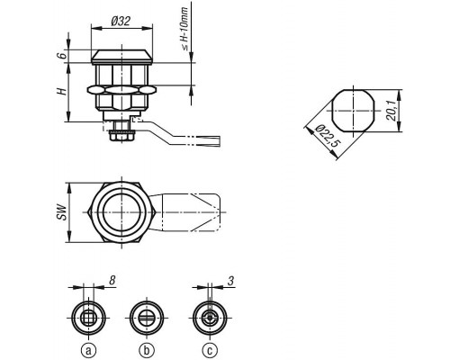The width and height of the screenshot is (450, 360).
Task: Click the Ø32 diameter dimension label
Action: pyautogui.click(x=121, y=21)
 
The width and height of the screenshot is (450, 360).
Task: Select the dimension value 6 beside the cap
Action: pyautogui.click(x=61, y=56)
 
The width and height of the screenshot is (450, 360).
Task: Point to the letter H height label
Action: pyautogui.click(x=61, y=91)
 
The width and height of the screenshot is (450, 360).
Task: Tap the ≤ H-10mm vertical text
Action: pyautogui.click(x=184, y=29)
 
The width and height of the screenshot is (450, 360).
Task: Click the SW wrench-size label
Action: pyautogui.click(x=61, y=212)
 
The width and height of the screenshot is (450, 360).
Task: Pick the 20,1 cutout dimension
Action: pyautogui.click(x=391, y=111)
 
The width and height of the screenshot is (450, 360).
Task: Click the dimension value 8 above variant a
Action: pyautogui.click(x=112, y=281)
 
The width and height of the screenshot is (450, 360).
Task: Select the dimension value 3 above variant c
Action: pyautogui.click(x=230, y=281)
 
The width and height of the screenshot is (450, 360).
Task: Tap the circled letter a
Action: pyautogui.click(x=88, y=350)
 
